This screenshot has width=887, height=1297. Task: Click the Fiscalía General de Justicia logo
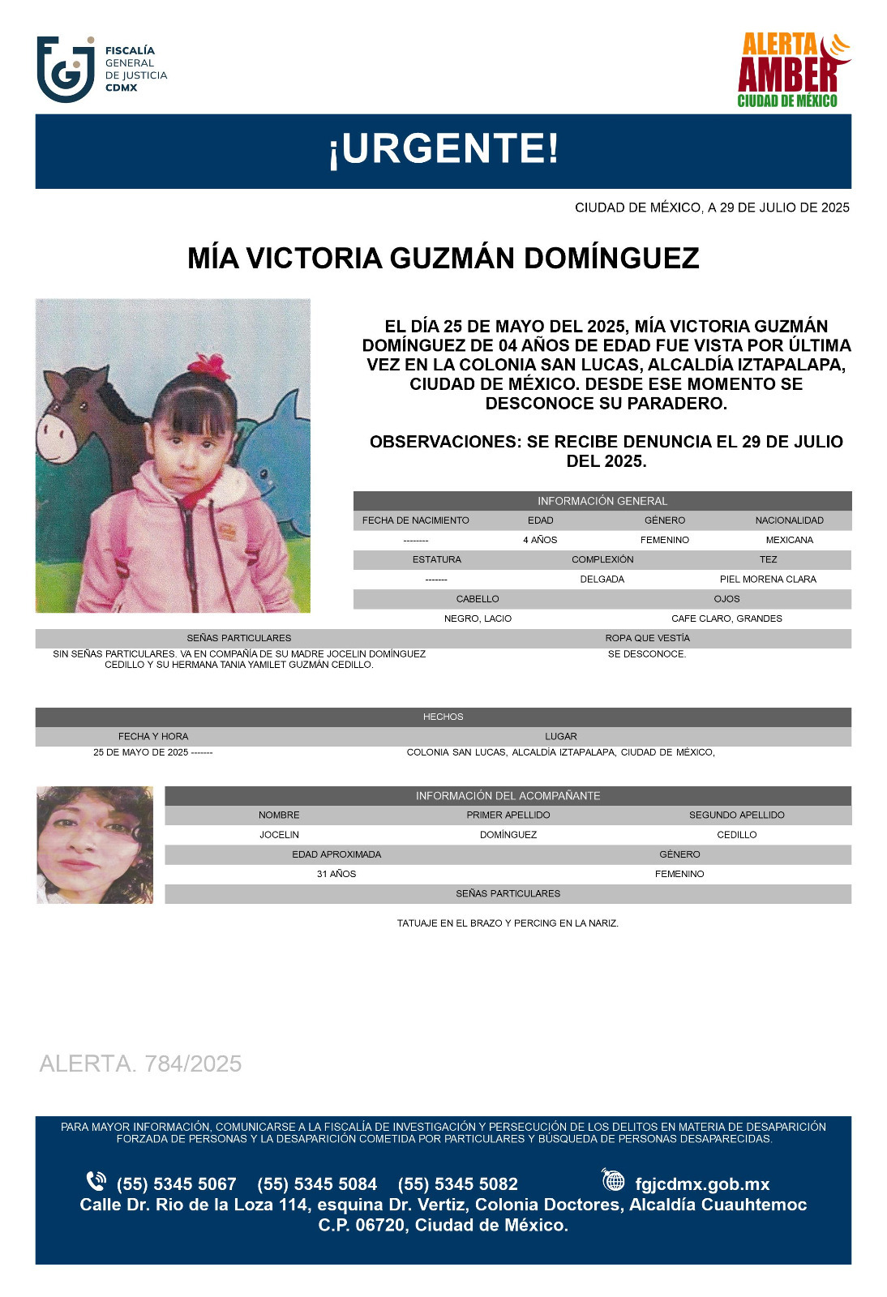pyautogui.click(x=101, y=69)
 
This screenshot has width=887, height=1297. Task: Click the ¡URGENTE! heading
pyautogui.click(x=443, y=150)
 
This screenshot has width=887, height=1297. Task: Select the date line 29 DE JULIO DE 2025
pyautogui.click(x=712, y=208)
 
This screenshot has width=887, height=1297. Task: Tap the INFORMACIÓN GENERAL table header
pyautogui.click(x=602, y=501)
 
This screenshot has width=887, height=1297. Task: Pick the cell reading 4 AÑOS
pyautogui.click(x=540, y=540)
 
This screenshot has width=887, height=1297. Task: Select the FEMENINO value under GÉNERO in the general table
pyautogui.click(x=665, y=540)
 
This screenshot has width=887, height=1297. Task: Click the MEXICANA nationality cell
pyautogui.click(x=789, y=540)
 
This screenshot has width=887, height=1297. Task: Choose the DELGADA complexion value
pyautogui.click(x=602, y=580)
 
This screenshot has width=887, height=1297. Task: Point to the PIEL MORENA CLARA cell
pyautogui.click(x=768, y=580)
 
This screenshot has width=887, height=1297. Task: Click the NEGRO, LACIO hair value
pyautogui.click(x=478, y=619)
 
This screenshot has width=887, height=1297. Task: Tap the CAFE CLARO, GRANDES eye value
pyautogui.click(x=726, y=619)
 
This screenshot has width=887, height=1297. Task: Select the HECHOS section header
pyautogui.click(x=443, y=717)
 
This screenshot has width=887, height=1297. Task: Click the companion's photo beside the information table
pyautogui.click(x=95, y=845)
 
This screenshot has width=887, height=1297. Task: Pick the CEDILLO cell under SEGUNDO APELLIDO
pyautogui.click(x=736, y=835)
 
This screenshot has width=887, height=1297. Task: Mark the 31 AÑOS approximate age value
pyautogui.click(x=336, y=874)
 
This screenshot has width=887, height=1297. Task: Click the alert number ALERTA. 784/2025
pyautogui.click(x=140, y=1064)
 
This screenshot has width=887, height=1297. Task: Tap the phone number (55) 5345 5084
pyautogui.click(x=317, y=1184)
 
